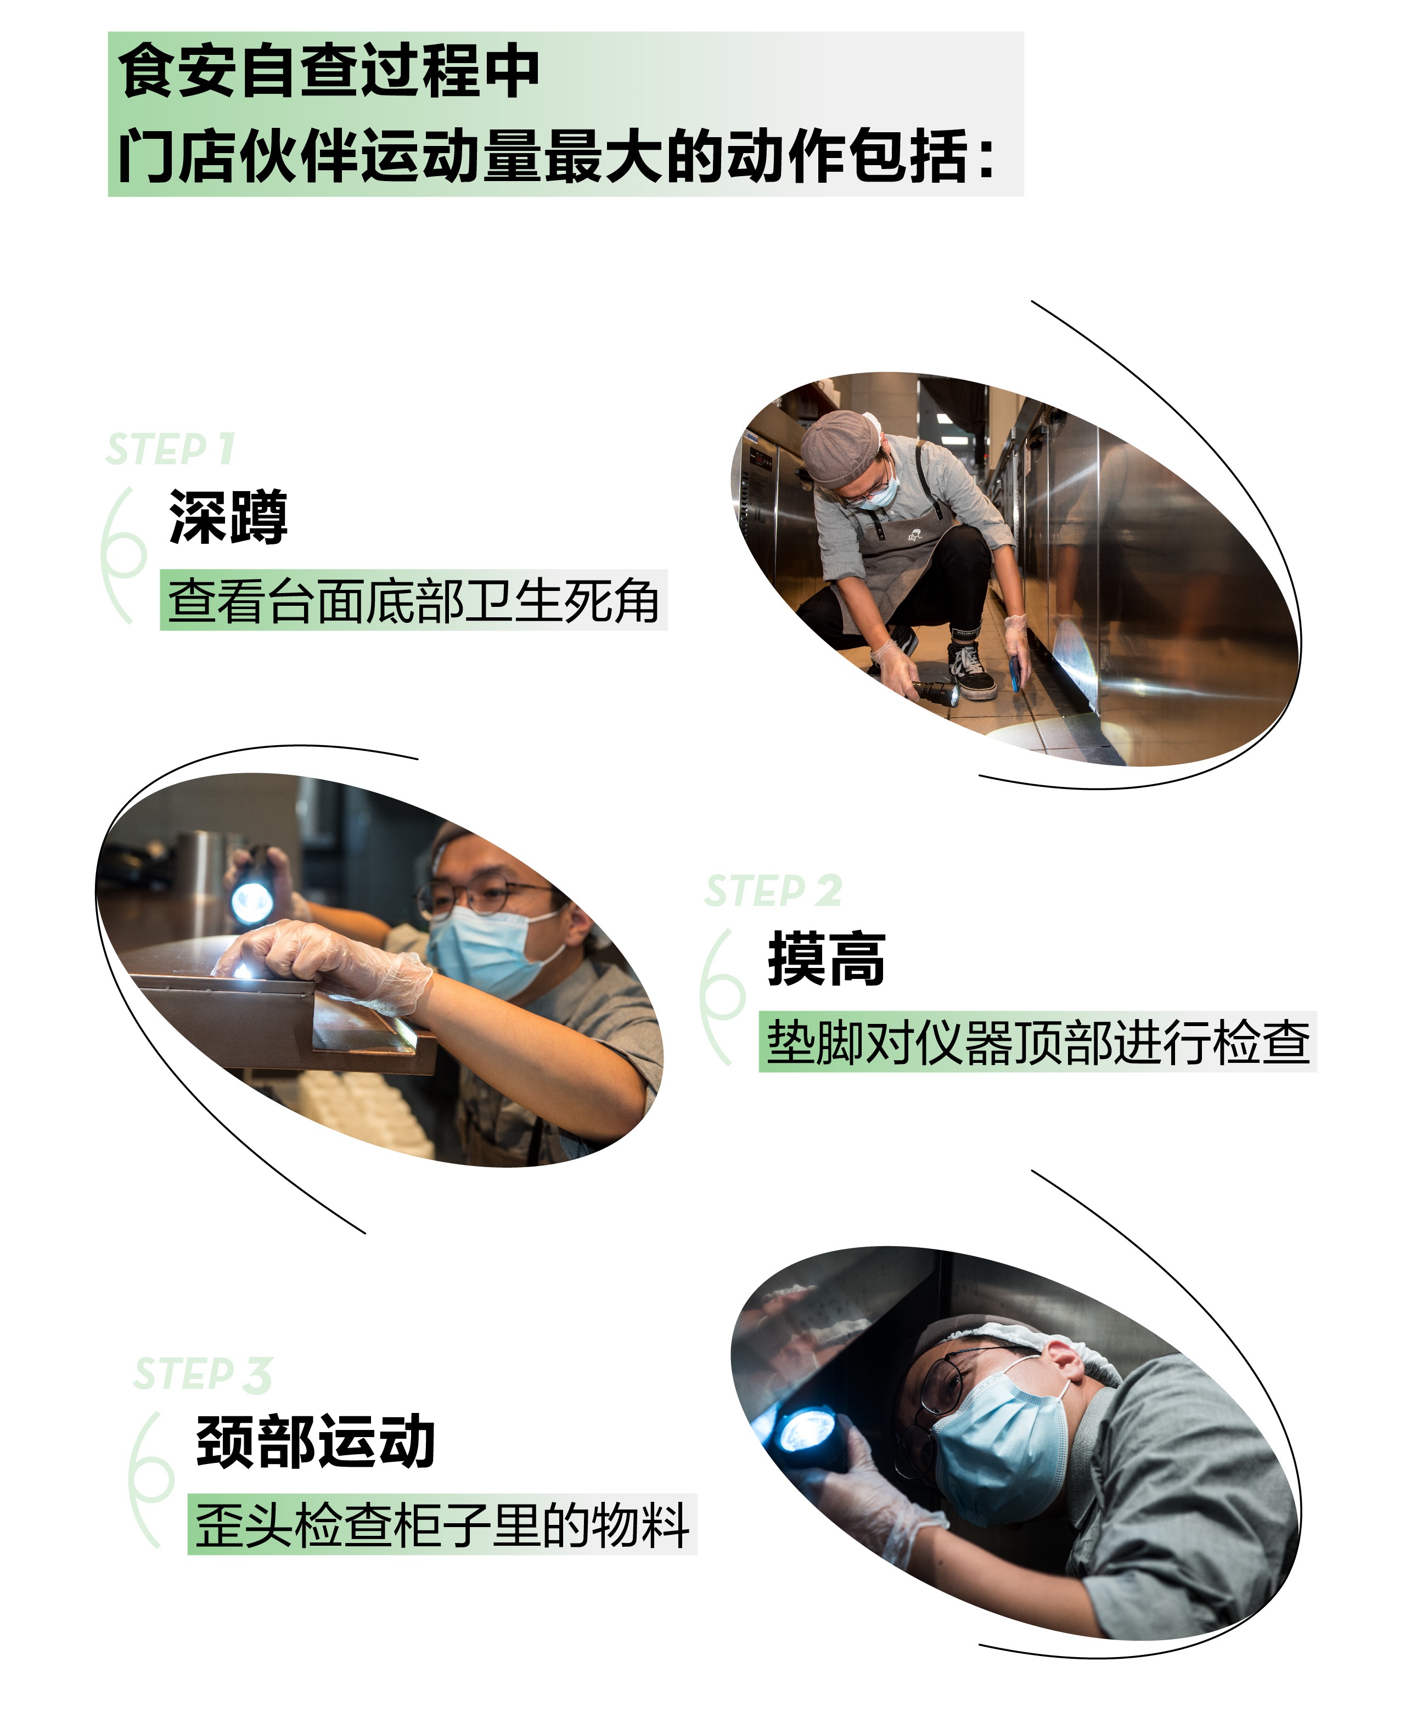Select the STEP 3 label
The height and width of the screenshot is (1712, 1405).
[203, 1375]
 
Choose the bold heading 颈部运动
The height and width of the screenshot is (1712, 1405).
[316, 1442]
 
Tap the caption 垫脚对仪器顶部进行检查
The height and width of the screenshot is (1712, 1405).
[1038, 1042]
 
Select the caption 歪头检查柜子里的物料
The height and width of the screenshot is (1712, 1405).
[442, 1525]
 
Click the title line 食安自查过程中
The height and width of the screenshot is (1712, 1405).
[329, 71]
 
